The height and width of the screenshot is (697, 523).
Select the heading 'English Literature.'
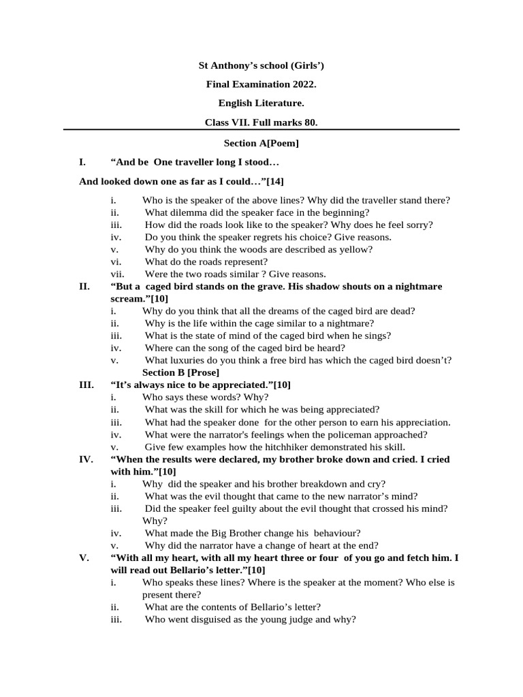point(261,103)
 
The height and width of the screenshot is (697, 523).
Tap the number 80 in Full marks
point(307,123)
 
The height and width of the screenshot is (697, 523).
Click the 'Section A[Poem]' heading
point(261,144)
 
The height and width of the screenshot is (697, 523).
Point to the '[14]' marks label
point(274,182)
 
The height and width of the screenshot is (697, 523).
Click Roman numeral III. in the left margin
point(86,385)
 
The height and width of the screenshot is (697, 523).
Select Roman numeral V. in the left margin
point(84,558)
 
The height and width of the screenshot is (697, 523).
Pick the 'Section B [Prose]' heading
point(180,373)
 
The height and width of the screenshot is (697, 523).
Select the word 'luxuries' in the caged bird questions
point(187,361)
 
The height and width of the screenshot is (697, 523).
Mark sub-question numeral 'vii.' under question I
point(117,274)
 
